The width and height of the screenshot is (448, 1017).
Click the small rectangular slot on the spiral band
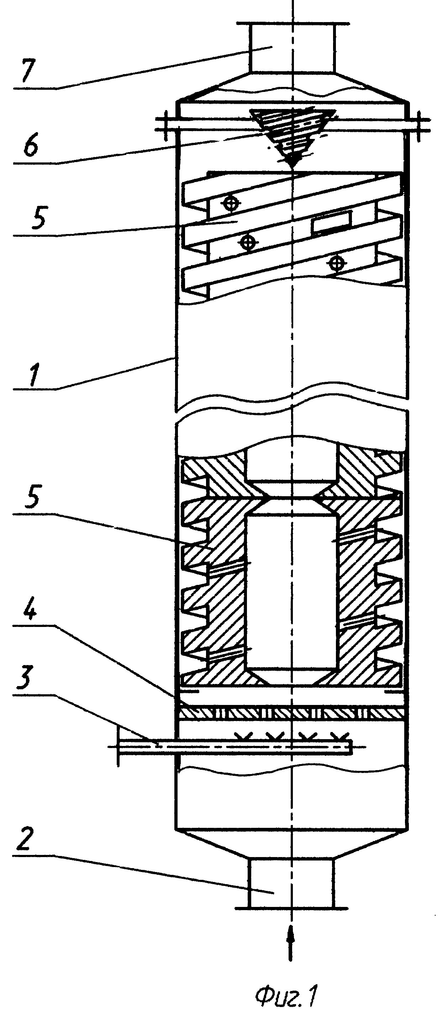(331, 221)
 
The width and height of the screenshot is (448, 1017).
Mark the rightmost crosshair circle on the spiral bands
(336, 263)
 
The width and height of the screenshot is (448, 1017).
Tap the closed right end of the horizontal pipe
(351, 748)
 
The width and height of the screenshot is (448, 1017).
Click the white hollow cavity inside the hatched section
(292, 592)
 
